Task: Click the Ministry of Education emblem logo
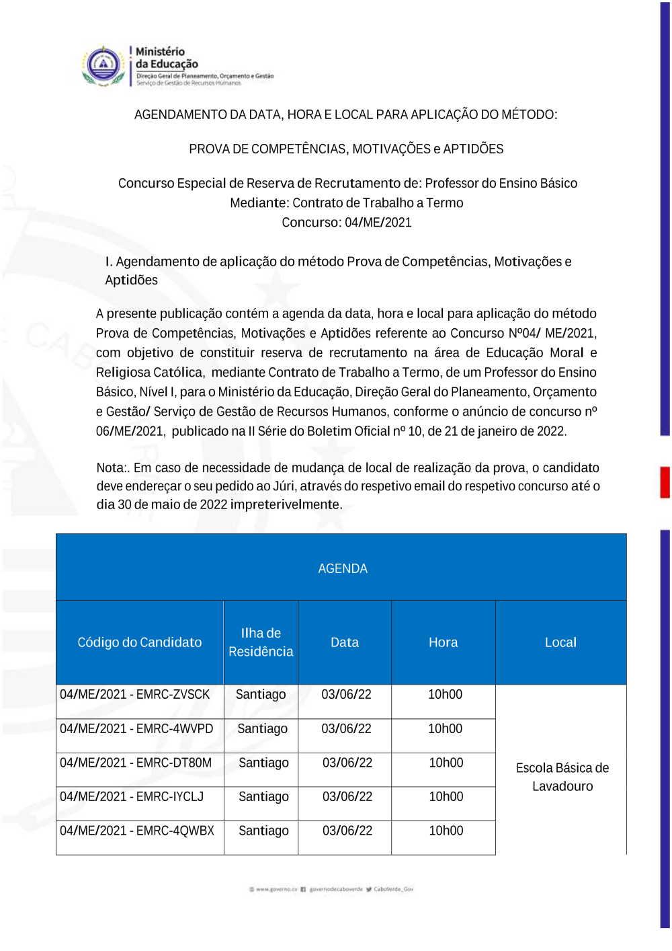click(x=103, y=66)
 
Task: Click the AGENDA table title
click(x=343, y=569)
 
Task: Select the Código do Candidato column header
click(x=139, y=642)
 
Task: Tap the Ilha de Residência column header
click(x=261, y=642)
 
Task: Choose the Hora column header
click(x=443, y=642)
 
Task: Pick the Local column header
click(x=560, y=642)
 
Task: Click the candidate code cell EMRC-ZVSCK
click(x=134, y=695)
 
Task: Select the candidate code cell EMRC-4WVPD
click(x=136, y=729)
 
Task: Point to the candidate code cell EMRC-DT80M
click(x=136, y=763)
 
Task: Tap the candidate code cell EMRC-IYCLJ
click(x=132, y=797)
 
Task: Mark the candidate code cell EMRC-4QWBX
click(x=137, y=831)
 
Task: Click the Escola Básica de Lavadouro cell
click(x=562, y=777)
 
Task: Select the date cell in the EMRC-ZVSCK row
click(x=346, y=695)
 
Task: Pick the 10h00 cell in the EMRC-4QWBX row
click(x=446, y=831)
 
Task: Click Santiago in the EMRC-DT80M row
click(x=263, y=763)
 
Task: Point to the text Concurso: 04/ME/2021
click(x=346, y=223)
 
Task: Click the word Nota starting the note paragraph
click(x=110, y=468)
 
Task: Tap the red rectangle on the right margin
click(x=665, y=482)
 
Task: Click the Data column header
click(x=345, y=642)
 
